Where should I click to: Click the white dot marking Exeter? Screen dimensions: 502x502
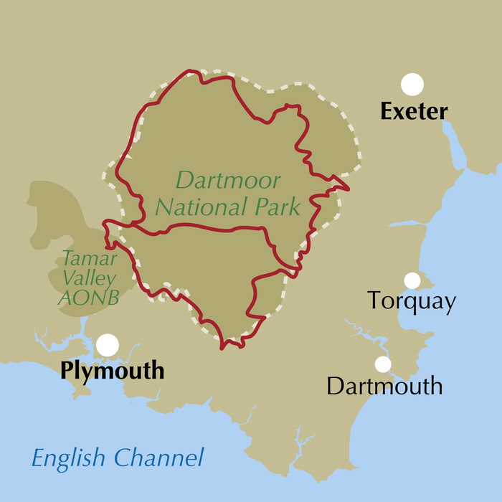tap(412, 85)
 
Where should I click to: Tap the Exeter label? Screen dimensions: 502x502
tap(414, 112)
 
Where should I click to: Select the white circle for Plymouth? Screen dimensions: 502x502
tap(108, 345)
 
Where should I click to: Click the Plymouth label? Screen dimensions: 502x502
tap(113, 371)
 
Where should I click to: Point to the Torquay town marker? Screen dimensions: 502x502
tap(412, 280)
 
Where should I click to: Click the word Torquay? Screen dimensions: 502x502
tap(411, 302)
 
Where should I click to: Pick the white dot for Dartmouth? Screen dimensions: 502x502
tap(383, 364)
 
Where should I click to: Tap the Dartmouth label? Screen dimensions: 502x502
tap(384, 387)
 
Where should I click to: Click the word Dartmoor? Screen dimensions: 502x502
tap(228, 181)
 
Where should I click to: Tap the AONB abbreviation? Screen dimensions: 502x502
tap(87, 295)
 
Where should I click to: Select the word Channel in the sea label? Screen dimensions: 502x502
tap(159, 457)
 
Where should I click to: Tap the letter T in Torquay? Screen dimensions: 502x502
tap(374, 301)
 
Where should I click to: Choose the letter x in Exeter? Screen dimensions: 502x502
tap(399, 113)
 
